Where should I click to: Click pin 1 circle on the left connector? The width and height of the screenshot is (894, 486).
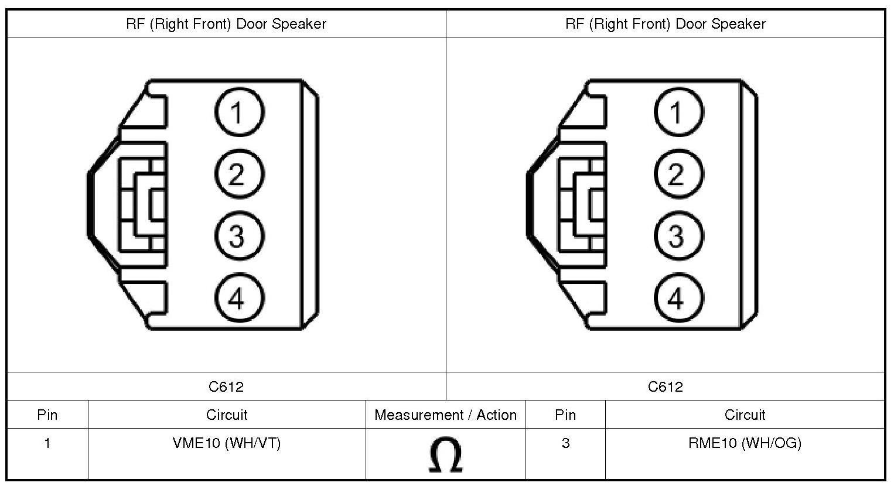(239, 111)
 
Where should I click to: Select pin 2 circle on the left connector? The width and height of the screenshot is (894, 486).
(239, 174)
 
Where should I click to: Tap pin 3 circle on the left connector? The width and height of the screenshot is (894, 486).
(239, 237)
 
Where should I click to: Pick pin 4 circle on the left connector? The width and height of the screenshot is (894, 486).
(239, 299)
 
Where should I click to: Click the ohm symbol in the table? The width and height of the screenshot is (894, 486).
(445, 456)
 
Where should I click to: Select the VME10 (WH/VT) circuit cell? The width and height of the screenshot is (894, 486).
(227, 443)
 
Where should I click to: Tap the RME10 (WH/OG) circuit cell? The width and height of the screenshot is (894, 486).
(745, 443)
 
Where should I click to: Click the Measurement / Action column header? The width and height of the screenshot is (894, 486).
(445, 415)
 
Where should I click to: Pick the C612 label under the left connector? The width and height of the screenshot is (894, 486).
(226, 386)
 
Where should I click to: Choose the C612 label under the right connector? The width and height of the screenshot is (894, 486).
(666, 386)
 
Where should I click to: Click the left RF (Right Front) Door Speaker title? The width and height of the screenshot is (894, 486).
(226, 24)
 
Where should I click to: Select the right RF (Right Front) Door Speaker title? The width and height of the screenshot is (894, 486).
(666, 24)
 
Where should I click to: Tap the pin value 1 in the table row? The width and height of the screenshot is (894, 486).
(47, 443)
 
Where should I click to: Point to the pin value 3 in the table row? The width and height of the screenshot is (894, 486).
(565, 443)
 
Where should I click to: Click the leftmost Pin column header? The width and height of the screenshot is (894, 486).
(47, 415)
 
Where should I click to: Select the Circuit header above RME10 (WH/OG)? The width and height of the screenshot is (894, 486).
(745, 415)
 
